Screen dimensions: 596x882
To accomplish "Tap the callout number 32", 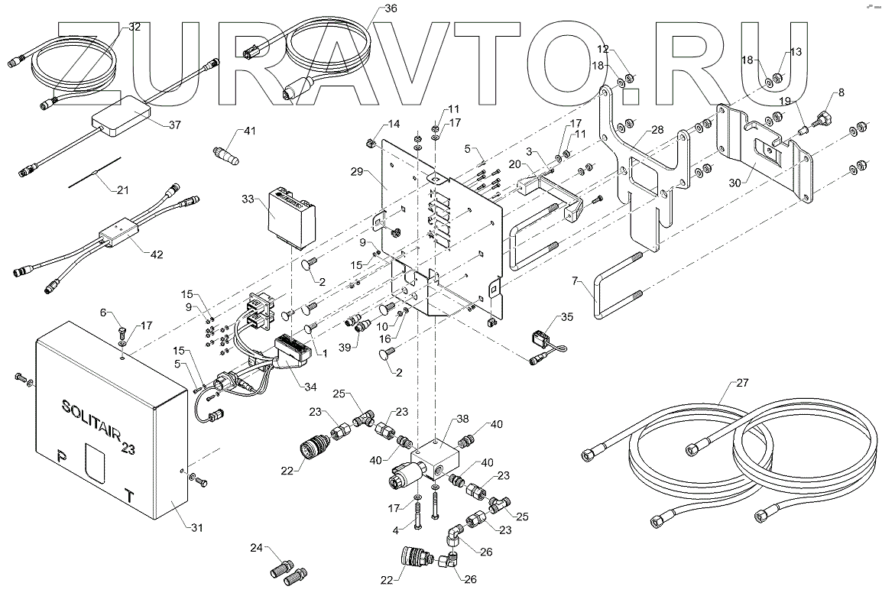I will coord(135,27).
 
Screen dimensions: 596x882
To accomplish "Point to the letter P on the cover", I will coord(62,457).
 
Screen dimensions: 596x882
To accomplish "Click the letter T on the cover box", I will coord(130,495).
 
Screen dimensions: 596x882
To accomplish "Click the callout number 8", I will coord(841,92).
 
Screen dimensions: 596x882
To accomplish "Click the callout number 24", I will coord(257,547).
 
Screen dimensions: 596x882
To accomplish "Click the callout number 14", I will coord(394,124).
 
